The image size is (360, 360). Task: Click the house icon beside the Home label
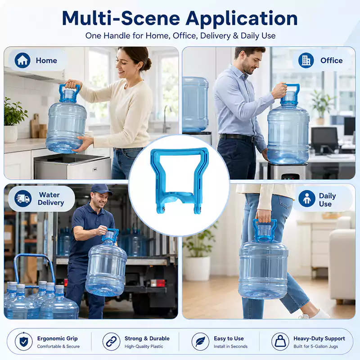22,60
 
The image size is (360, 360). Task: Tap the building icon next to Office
306,60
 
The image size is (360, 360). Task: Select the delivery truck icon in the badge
23,198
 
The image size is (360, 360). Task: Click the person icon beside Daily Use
307,198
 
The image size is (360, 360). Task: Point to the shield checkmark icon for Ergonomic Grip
24,342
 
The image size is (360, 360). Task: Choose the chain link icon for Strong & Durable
111,342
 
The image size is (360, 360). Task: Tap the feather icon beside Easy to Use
200,342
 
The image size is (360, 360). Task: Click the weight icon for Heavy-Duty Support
280,342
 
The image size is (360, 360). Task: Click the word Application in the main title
242,18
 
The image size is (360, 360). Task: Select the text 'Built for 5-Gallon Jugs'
316,346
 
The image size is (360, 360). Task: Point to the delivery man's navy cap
101,189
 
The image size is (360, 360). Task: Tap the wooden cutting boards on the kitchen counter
38,126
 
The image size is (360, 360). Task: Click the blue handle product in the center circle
179,181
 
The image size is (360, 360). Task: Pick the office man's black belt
238,138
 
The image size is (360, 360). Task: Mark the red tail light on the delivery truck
158,283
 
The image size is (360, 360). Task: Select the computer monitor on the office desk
324,139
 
